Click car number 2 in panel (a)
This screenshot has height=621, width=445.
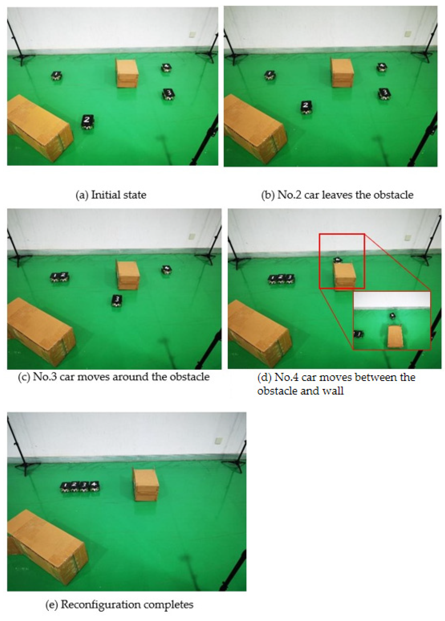coord(88,122)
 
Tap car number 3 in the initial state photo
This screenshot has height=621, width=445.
coord(168,94)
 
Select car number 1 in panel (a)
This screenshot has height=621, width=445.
coord(56,76)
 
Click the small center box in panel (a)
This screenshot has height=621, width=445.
coord(127,73)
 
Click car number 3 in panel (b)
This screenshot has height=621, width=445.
coord(385,94)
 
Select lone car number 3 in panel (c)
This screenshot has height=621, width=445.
coord(117,301)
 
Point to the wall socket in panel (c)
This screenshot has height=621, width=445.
coord(192,236)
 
